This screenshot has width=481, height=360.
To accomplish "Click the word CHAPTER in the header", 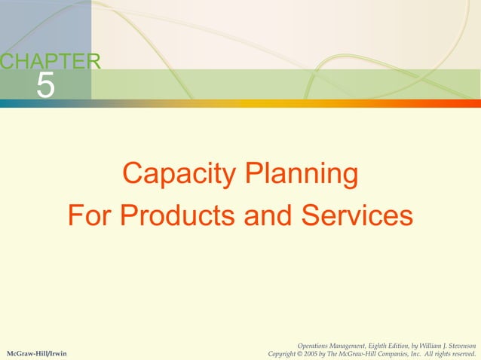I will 50,63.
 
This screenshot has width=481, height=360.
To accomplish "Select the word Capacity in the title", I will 170,175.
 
